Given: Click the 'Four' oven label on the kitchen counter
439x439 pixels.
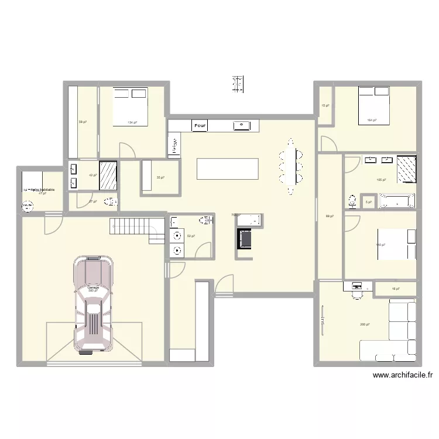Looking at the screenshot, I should tap(200, 125).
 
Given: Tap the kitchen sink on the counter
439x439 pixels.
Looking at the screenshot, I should tap(241, 125).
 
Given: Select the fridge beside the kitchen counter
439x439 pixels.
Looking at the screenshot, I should tap(174, 146).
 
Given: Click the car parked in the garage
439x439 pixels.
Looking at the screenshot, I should tap(93, 303).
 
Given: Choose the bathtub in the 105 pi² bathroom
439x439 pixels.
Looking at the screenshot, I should tap(397, 201).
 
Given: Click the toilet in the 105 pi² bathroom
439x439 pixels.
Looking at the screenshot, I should tap(352, 202).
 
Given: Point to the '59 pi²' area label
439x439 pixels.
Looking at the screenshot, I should tap(83, 122).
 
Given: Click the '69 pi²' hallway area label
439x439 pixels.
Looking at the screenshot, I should tap(328, 216).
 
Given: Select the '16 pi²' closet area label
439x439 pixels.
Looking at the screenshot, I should tap(395, 289).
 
